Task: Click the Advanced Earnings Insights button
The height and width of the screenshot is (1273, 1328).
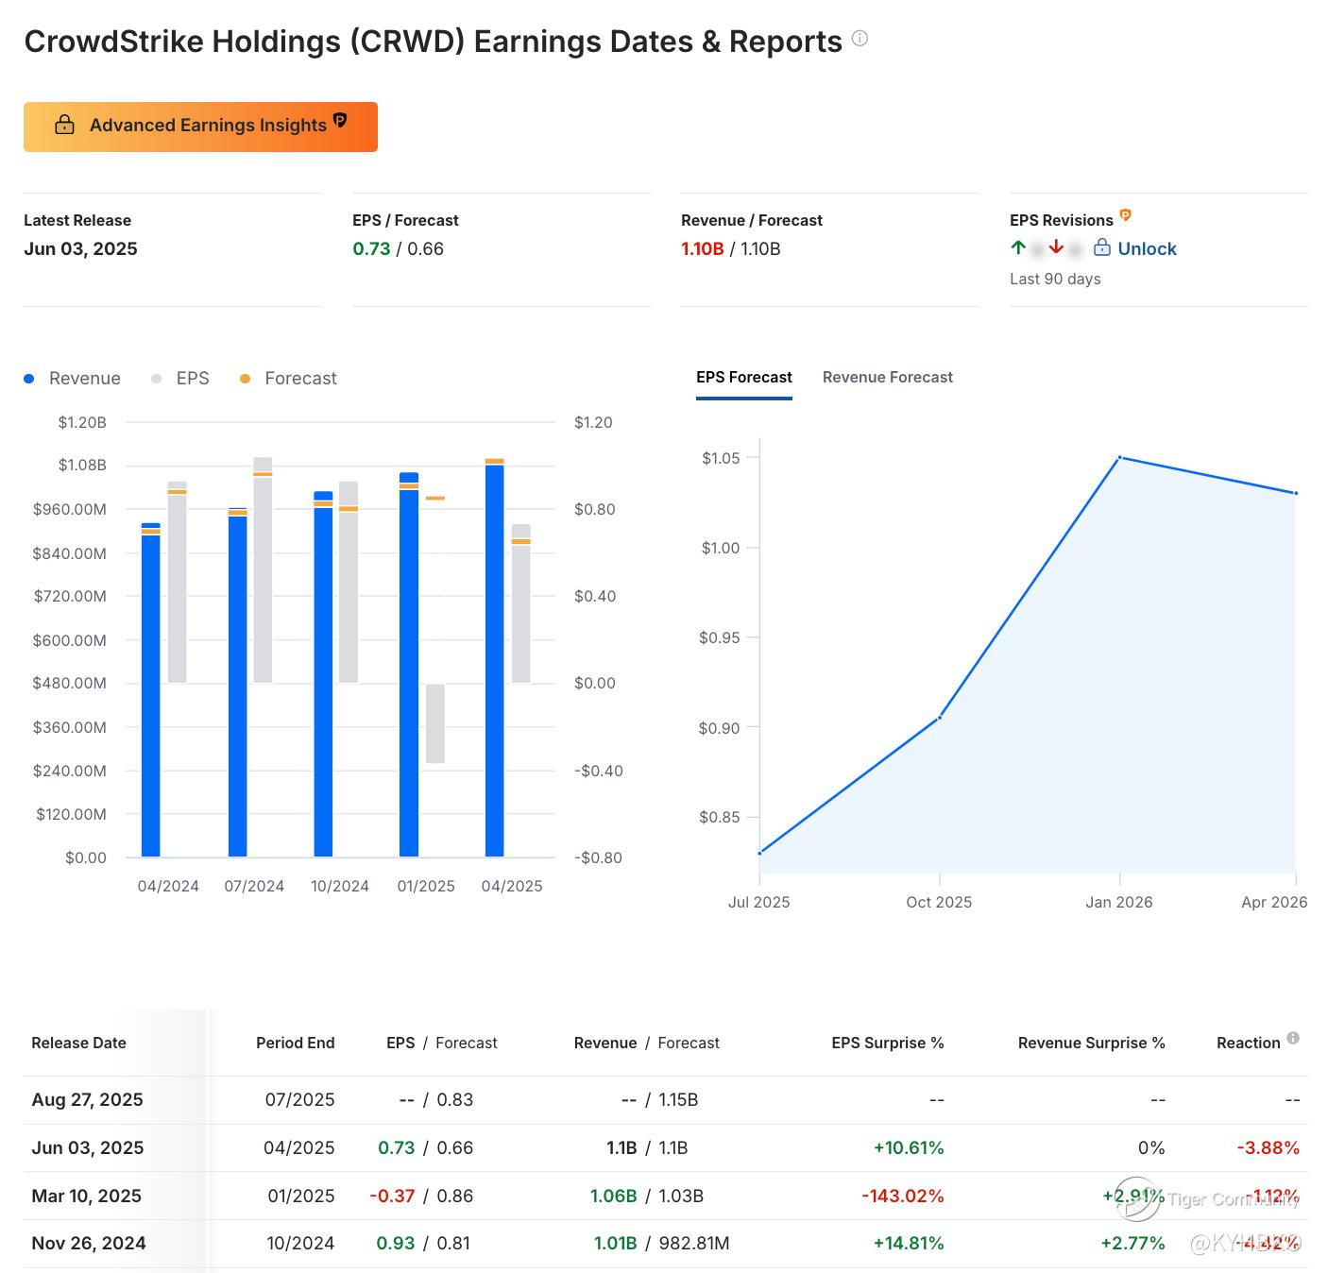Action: pyautogui.click(x=200, y=127)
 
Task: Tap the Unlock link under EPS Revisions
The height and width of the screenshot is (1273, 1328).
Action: pyautogui.click(x=1146, y=249)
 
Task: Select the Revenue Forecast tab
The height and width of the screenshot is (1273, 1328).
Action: pyautogui.click(x=887, y=378)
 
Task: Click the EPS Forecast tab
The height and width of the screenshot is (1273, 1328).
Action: pyautogui.click(x=743, y=378)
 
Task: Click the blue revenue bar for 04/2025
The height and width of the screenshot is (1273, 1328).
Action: pyautogui.click(x=494, y=661)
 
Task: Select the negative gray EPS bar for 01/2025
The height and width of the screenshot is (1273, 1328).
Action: pyautogui.click(x=435, y=723)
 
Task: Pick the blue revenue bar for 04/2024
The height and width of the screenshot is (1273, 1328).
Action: pyautogui.click(x=150, y=694)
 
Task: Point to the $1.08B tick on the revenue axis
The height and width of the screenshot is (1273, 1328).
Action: pyautogui.click(x=82, y=466)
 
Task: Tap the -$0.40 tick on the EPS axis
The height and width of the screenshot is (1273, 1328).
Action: pyautogui.click(x=598, y=771)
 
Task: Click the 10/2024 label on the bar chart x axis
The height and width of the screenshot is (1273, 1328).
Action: pyautogui.click(x=339, y=887)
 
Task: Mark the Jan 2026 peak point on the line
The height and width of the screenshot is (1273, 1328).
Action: pyautogui.click(x=1119, y=458)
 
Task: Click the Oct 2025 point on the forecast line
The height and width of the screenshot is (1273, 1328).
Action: pyautogui.click(x=939, y=718)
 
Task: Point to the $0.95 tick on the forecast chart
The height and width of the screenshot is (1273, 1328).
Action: pyautogui.click(x=719, y=638)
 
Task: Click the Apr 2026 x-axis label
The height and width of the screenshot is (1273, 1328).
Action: pyautogui.click(x=1273, y=903)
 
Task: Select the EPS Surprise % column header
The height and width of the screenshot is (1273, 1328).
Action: pyautogui.click(x=887, y=1044)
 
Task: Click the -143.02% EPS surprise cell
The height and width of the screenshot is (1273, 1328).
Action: pyautogui.click(x=902, y=1197)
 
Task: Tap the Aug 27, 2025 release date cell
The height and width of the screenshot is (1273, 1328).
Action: pyautogui.click(x=87, y=1100)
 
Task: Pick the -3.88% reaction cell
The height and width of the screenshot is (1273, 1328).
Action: pyautogui.click(x=1268, y=1148)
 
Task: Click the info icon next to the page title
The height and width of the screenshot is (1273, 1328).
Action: pyautogui.click(x=860, y=39)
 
